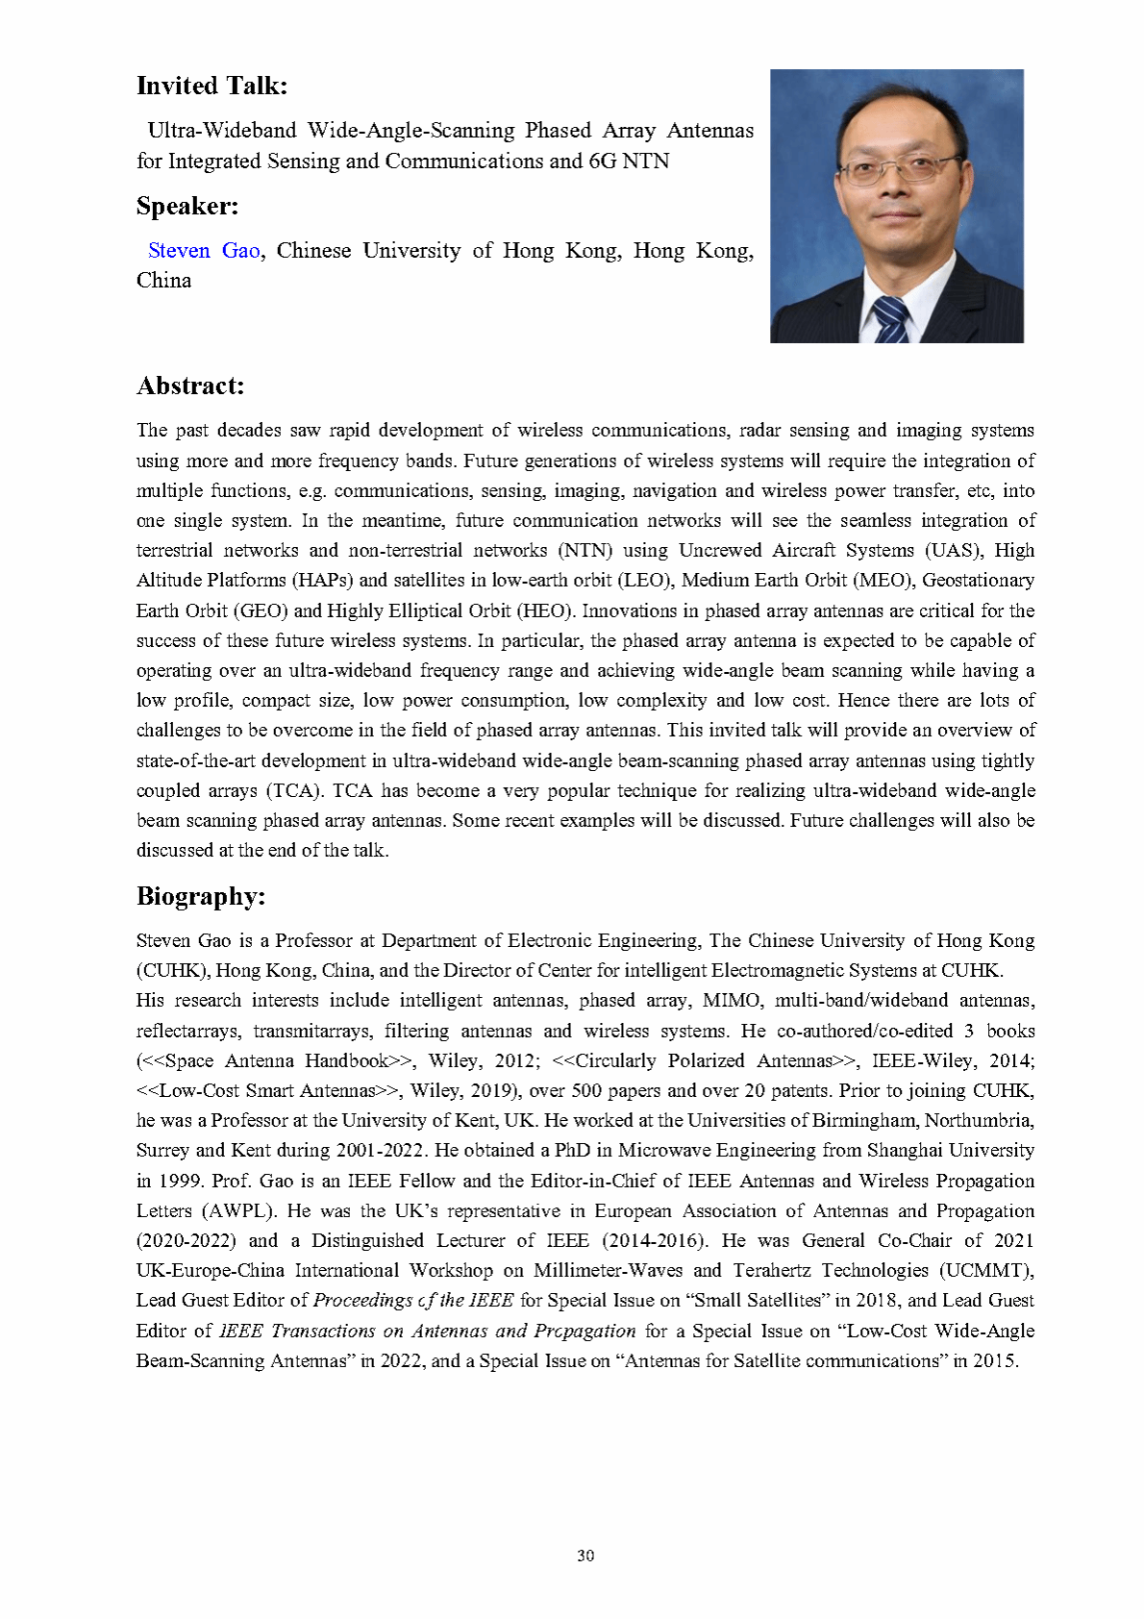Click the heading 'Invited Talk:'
211,87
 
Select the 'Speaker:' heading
187,207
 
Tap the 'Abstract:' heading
190,386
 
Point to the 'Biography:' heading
200,897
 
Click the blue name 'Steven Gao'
204,251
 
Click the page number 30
585,1556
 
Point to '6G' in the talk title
602,162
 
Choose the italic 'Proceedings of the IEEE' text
413,1301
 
